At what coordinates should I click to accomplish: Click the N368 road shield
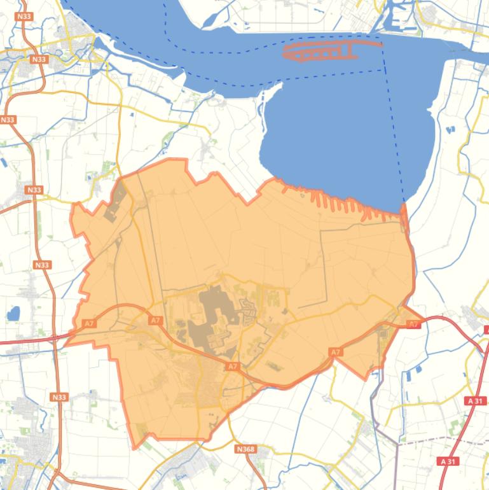[245, 449]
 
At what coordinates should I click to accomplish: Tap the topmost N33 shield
[25, 17]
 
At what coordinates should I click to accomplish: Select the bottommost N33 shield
[58, 397]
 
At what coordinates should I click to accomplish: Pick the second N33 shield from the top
[39, 59]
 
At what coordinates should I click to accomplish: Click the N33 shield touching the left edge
[7, 120]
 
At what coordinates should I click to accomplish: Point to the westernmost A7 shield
[89, 324]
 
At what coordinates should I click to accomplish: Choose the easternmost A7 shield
[413, 325]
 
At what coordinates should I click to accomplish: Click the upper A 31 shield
[475, 401]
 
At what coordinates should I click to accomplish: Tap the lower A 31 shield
[448, 461]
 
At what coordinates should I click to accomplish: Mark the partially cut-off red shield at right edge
[486, 329]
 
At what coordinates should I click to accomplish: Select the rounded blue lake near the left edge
[13, 314]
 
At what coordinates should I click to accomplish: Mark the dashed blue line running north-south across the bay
[393, 127]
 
